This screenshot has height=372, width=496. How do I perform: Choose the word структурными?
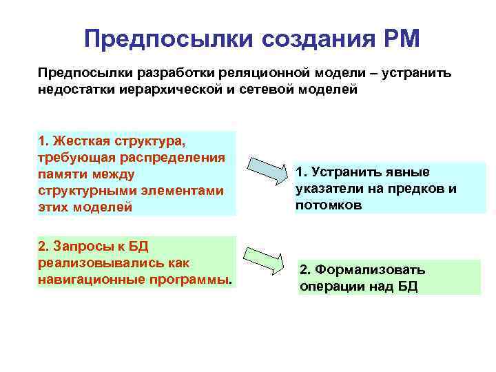tap(83, 191)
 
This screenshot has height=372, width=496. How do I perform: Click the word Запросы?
tap(81, 247)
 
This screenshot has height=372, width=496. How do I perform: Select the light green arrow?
tap(265, 259)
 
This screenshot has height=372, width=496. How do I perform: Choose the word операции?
tap(331, 287)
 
